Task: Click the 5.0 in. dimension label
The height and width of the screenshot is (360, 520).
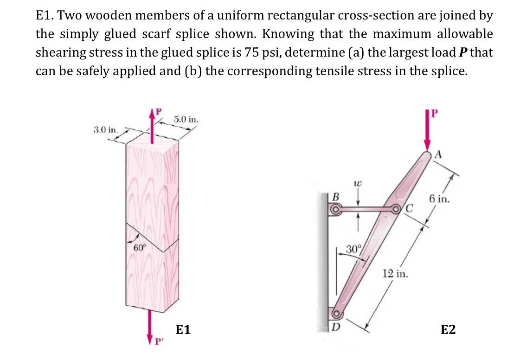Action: click(186, 120)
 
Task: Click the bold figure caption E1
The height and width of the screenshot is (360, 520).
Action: click(184, 330)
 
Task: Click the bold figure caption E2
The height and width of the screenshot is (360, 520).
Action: click(448, 330)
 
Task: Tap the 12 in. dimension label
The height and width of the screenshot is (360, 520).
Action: click(395, 274)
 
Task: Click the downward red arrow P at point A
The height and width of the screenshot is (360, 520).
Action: click(427, 132)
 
